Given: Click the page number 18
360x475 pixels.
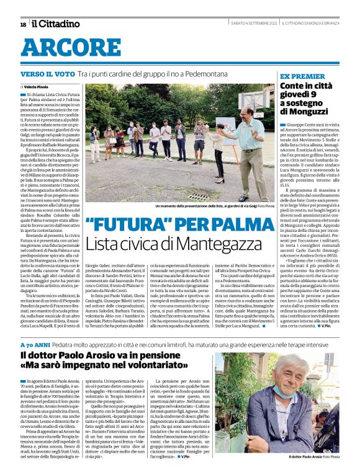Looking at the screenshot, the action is pyautogui.click(x=23, y=24).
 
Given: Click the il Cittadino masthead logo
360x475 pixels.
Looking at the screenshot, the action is pyautogui.click(x=56, y=24).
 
